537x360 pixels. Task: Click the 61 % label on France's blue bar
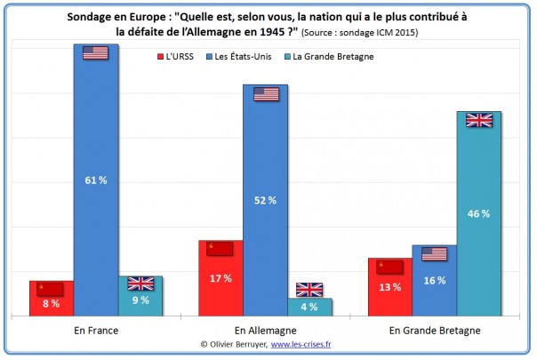(96, 180)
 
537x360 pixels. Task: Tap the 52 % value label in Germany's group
(265, 200)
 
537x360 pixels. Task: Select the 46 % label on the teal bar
(479, 214)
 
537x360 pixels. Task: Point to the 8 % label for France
(51, 304)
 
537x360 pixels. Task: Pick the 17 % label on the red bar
(220, 278)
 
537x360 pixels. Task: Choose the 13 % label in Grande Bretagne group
(390, 287)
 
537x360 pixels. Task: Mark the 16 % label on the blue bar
(434, 281)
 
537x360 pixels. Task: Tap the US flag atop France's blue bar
(95, 53)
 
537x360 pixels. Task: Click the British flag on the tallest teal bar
(479, 119)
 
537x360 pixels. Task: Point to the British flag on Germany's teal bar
(309, 289)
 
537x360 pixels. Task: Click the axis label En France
(96, 330)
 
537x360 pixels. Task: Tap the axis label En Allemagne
(265, 330)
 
